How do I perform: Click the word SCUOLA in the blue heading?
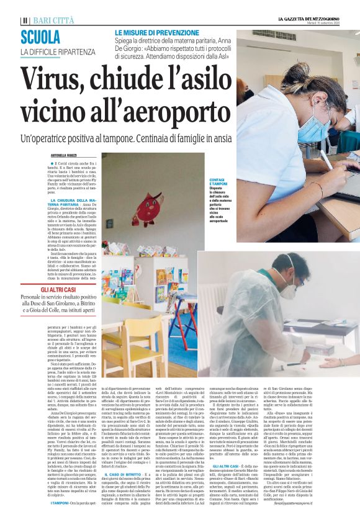pyautogui.click(x=43, y=37)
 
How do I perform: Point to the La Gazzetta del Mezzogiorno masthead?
pyautogui.click(x=317, y=19)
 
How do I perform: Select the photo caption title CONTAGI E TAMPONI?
pyautogui.click(x=218, y=182)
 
